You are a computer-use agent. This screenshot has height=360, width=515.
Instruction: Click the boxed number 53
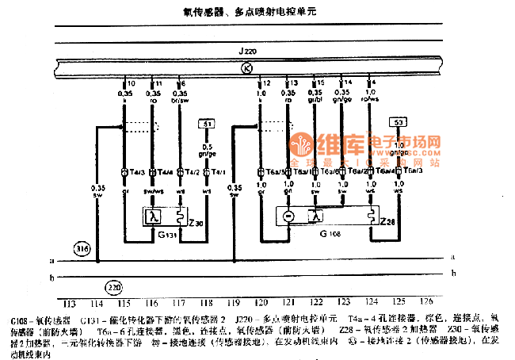click(x=398, y=122)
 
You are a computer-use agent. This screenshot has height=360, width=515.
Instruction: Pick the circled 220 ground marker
click(x=115, y=287)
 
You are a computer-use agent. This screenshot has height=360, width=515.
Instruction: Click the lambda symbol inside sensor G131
click(x=155, y=216)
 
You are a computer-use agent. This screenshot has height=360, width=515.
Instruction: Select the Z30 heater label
click(x=196, y=224)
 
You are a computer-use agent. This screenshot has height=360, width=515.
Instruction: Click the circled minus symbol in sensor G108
click(x=289, y=216)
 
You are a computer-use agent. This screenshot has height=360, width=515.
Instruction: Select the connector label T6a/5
click(x=273, y=171)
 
